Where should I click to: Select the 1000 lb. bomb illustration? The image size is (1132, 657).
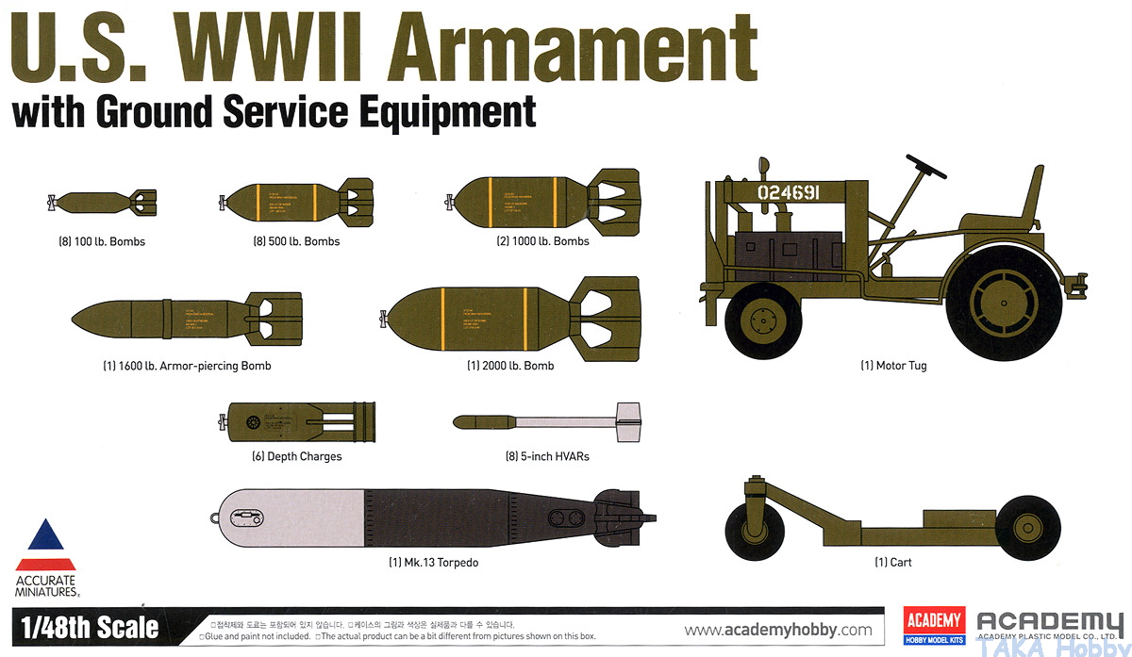529,199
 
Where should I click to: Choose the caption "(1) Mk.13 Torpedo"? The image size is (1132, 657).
433,563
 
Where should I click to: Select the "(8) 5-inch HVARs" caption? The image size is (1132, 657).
547,456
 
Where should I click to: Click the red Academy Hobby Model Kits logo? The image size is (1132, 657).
934,624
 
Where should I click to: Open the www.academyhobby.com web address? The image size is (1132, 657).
778,630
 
